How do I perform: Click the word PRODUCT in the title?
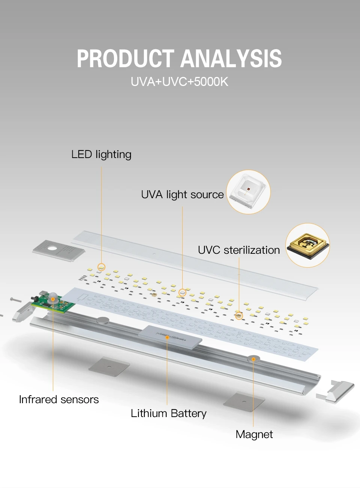126,59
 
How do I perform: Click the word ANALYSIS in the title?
231,59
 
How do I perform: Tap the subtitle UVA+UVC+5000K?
179,81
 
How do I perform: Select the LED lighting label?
101,154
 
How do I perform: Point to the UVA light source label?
182,194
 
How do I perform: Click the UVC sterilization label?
239,250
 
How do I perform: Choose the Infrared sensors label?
59,399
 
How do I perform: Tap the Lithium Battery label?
168,413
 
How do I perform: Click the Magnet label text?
254,434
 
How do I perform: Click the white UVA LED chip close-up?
248,192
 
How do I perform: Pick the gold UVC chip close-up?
307,246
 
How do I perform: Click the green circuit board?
52,303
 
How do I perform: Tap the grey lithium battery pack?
170,336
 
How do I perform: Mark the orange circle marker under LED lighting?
101,267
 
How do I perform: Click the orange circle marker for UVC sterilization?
239,316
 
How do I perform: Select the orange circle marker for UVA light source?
182,292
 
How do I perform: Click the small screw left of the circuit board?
15,299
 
